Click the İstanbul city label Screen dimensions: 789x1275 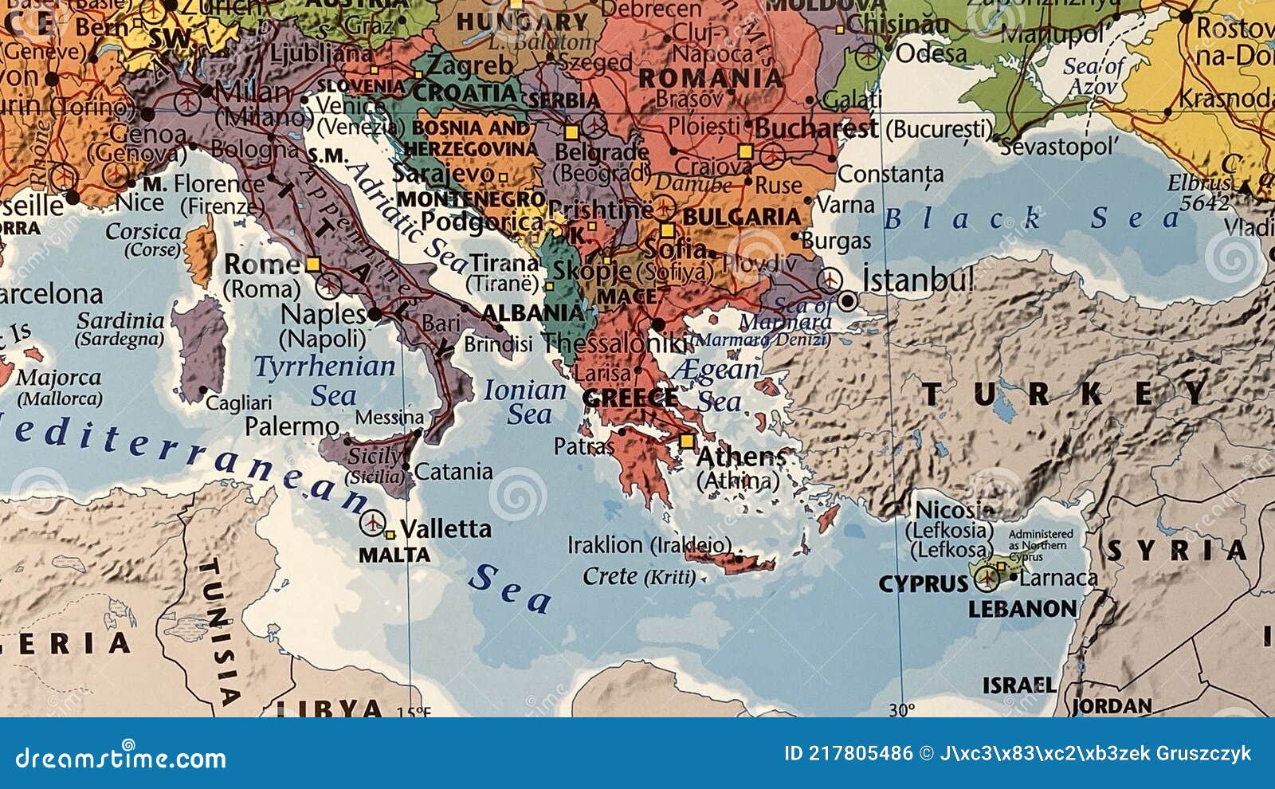pyautogui.click(x=918, y=281)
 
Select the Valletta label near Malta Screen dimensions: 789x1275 pyautogui.click(x=445, y=528)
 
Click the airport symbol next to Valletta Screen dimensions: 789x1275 pyautogui.click(x=372, y=523)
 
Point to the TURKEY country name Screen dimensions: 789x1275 pyautogui.click(x=1064, y=394)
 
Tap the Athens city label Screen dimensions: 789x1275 pyautogui.click(x=741, y=457)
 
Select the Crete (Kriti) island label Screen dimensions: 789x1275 pyautogui.click(x=639, y=575)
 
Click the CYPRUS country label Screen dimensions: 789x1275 pyautogui.click(x=923, y=584)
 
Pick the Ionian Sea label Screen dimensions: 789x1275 pyautogui.click(x=526, y=402)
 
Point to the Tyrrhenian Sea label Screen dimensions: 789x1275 pyautogui.click(x=325, y=379)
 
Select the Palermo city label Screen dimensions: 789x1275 pyautogui.click(x=292, y=426)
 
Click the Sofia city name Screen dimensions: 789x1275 pyautogui.click(x=674, y=249)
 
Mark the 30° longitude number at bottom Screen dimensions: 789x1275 pyautogui.click(x=901, y=709)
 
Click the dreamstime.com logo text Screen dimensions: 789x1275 pyautogui.click(x=120, y=758)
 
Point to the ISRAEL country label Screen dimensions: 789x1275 pyautogui.click(x=1018, y=685)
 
